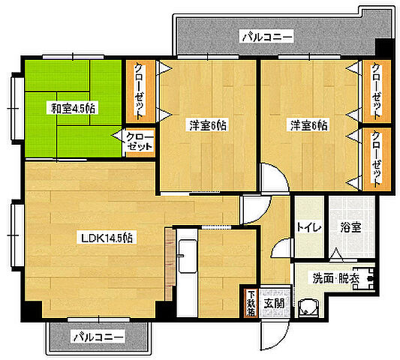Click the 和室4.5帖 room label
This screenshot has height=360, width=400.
(x=73, y=108)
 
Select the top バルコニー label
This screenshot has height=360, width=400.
(x=266, y=35)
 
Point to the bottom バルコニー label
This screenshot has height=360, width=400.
(x=98, y=337)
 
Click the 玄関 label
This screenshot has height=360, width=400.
(x=273, y=303)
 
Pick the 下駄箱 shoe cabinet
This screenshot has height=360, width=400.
(x=251, y=303)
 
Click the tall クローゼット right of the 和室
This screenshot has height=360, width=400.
(x=140, y=91)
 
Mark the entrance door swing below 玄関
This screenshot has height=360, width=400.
(x=273, y=330)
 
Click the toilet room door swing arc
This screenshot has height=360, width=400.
(x=281, y=249)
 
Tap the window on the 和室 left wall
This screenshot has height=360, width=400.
(x=14, y=106)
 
